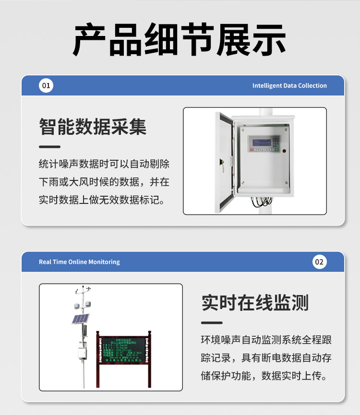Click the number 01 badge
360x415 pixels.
46,86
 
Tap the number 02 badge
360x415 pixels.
319,262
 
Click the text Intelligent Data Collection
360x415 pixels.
289,86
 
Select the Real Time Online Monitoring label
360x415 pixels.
79,262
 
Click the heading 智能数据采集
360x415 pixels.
93,127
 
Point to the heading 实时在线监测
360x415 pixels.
255,303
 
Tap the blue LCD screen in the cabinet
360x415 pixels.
259,143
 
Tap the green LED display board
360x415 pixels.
123,350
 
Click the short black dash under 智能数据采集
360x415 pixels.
49,147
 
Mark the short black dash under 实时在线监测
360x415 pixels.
212,323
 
